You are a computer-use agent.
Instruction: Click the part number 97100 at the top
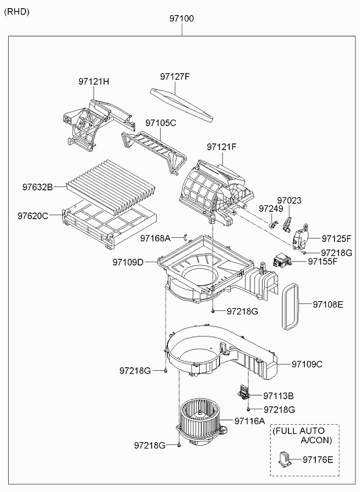pos(182,19)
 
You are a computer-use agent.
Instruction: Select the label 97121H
pos(93,82)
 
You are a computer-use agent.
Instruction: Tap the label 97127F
pos(175,76)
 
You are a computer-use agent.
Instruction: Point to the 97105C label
pos(160,123)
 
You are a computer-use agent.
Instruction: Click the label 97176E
pos(318,460)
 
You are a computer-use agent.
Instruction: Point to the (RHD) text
pos(17,12)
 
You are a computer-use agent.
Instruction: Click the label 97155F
pos(322,262)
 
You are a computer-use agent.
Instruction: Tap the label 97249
pos(271,208)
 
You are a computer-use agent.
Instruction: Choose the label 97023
pos(289,200)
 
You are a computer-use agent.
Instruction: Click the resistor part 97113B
pos(243,391)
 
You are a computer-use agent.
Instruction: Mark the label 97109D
pos(128,262)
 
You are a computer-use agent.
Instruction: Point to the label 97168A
pos(155,238)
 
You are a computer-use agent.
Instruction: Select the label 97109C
pos(307,364)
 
